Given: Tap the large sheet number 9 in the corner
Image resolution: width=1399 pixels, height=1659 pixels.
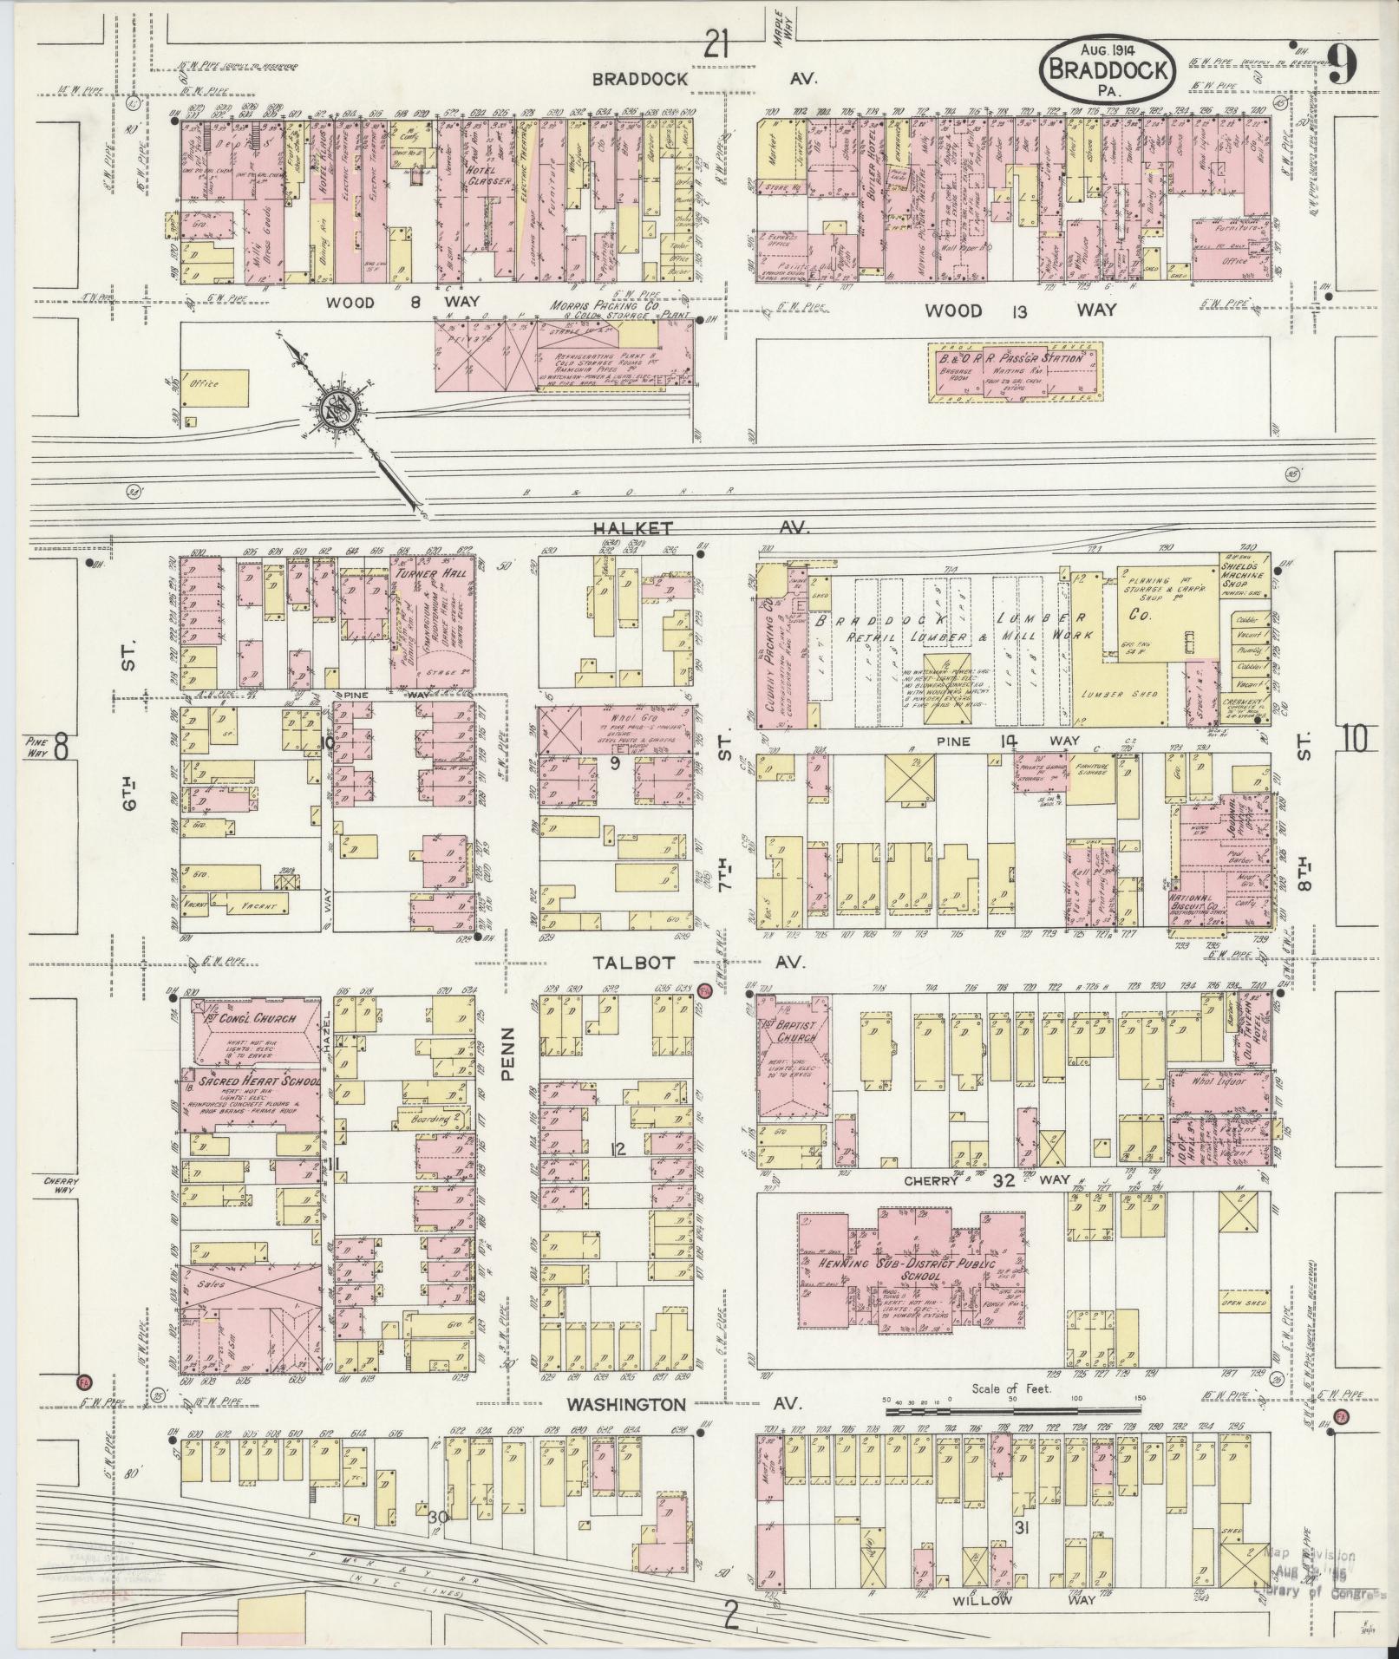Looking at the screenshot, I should coord(1341,65).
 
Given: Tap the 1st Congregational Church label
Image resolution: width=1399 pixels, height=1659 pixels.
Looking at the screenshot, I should coord(251,1019).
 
